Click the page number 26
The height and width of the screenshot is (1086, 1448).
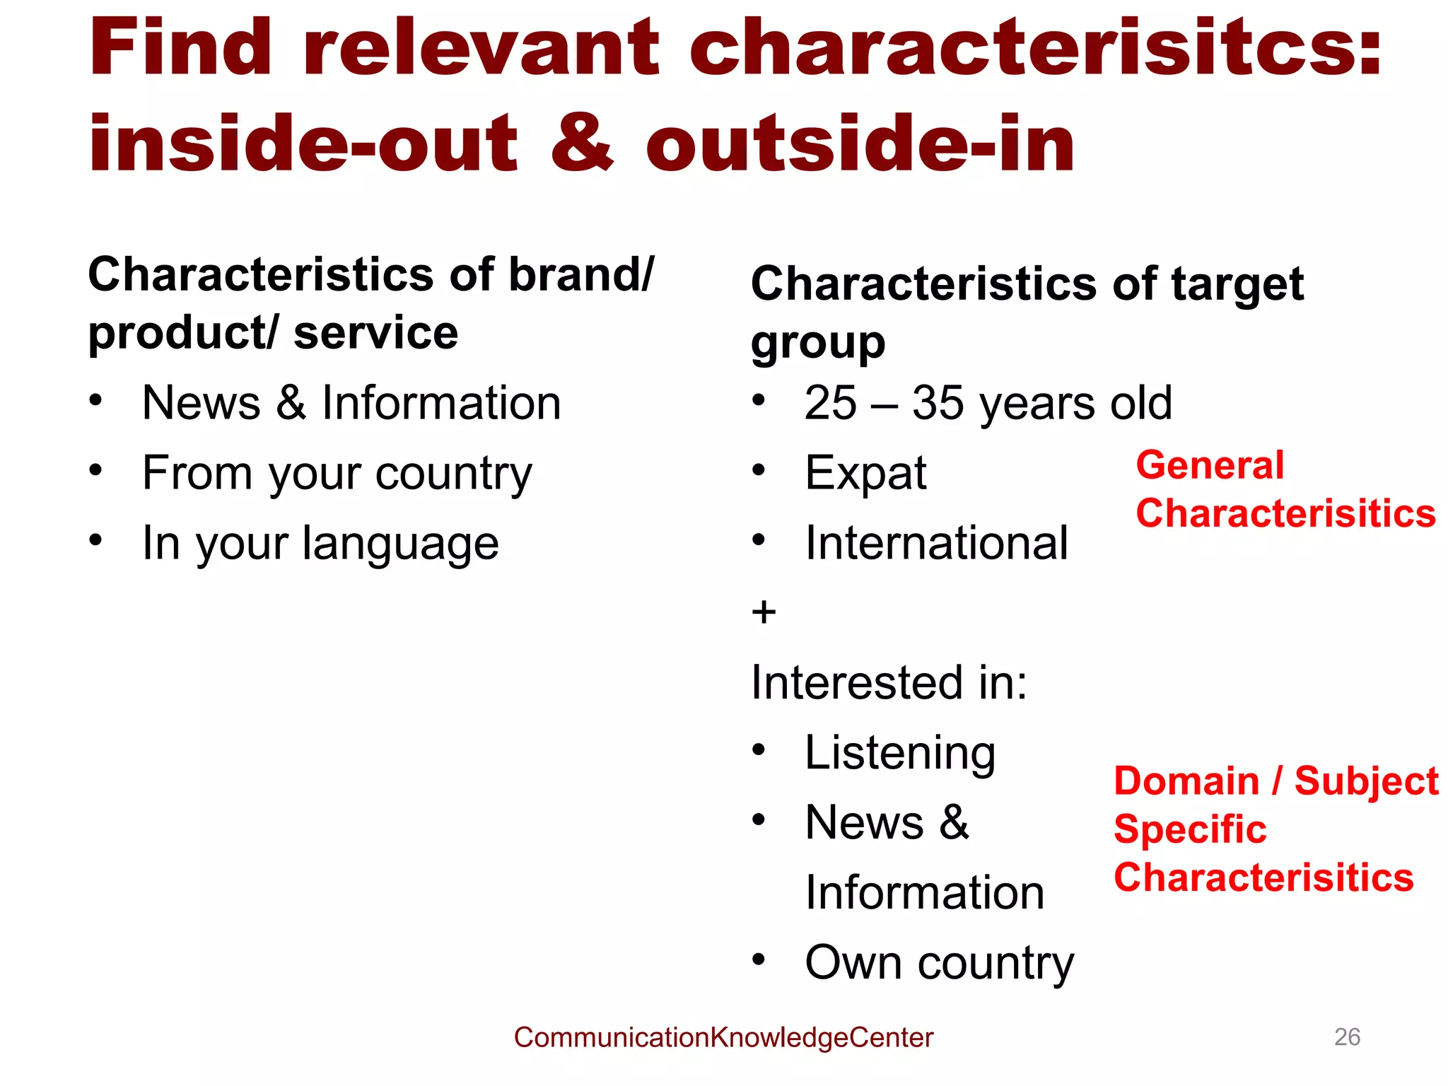coord(1346,1037)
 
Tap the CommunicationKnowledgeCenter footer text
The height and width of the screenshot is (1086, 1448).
coord(723,1037)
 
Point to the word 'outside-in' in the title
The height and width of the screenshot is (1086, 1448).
coord(860,144)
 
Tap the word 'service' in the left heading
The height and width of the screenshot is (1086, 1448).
coord(375,333)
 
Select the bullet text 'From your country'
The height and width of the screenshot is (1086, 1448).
coord(337,472)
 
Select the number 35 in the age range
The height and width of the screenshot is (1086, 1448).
coord(938,403)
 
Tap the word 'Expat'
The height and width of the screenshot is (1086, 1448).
coord(865,472)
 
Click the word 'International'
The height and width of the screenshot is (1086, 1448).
coord(936,543)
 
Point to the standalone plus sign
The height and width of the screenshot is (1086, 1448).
coord(764,612)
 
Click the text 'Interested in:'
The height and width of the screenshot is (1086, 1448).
coord(889,683)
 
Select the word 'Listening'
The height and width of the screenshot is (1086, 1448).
coord(900,752)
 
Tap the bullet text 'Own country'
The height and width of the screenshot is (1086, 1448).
coord(939,963)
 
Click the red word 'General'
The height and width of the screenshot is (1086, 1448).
coord(1210,465)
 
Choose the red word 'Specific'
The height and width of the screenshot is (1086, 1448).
coord(1190,829)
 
